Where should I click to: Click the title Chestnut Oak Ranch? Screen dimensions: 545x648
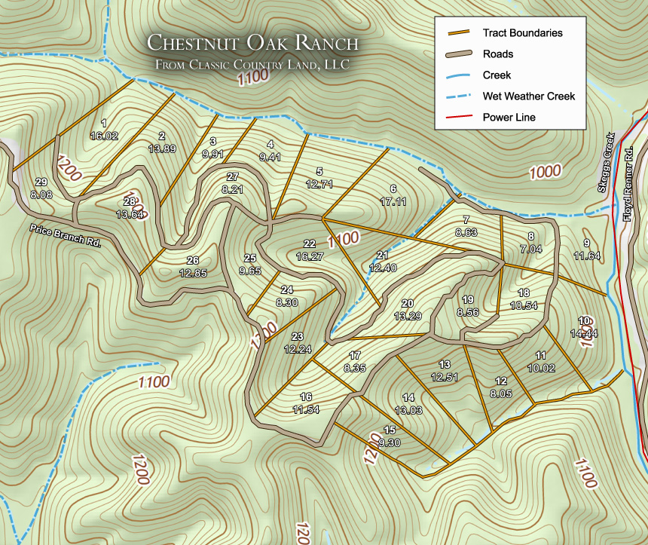click(x=252, y=43)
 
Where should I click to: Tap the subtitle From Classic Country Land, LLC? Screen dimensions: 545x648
click(x=252, y=65)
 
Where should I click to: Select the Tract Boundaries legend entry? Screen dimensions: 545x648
click(x=522, y=33)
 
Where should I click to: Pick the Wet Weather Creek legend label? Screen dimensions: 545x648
click(x=528, y=96)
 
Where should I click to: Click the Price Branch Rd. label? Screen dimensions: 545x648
click(x=65, y=236)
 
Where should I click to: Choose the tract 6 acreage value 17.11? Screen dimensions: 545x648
click(x=393, y=201)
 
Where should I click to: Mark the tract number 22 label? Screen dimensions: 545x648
click(x=309, y=243)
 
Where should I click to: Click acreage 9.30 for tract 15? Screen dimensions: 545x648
click(x=389, y=442)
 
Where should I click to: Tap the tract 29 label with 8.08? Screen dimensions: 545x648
click(x=41, y=188)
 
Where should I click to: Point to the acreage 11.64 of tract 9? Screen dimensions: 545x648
click(x=586, y=256)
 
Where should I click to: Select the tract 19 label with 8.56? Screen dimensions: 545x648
click(x=467, y=305)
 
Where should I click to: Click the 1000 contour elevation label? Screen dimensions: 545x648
click(x=545, y=171)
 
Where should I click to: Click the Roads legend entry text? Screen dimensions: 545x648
click(x=498, y=54)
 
